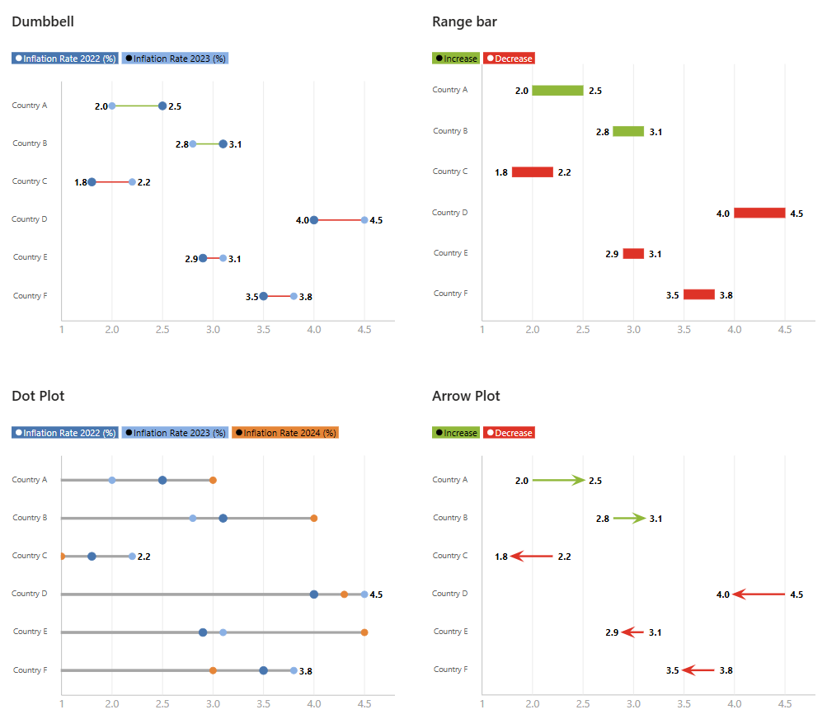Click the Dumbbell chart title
click(43, 21)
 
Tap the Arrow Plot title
click(466, 396)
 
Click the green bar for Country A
click(557, 91)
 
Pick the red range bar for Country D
click(759, 213)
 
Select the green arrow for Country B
click(628, 519)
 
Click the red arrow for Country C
click(532, 557)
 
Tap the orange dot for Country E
click(364, 632)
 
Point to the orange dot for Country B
click(314, 519)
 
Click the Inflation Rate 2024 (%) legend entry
click(285, 433)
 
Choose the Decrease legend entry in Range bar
click(510, 59)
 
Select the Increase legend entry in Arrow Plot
click(456, 433)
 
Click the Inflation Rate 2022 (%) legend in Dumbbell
click(65, 59)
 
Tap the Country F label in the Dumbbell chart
click(31, 295)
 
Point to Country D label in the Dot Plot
click(31, 594)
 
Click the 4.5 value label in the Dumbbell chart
click(376, 221)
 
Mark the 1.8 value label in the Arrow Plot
click(501, 557)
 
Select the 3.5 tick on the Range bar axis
click(684, 329)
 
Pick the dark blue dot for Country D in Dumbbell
click(314, 220)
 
